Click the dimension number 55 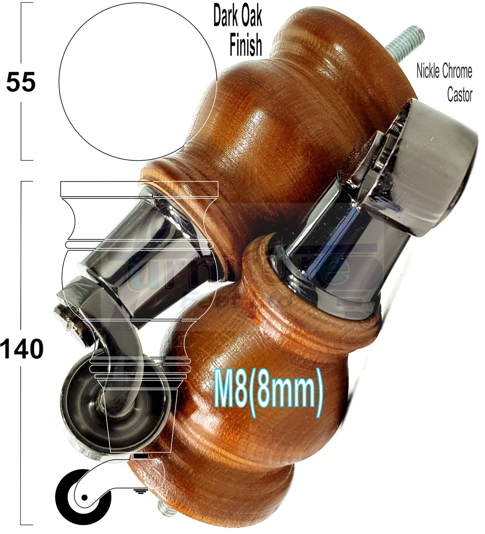point(21,83)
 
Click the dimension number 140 point(22,349)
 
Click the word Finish point(246,46)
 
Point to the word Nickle point(428,71)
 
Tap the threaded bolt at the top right point(405,44)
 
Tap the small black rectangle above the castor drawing point(141,457)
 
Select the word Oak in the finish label point(250,17)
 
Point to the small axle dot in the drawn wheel point(84,497)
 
